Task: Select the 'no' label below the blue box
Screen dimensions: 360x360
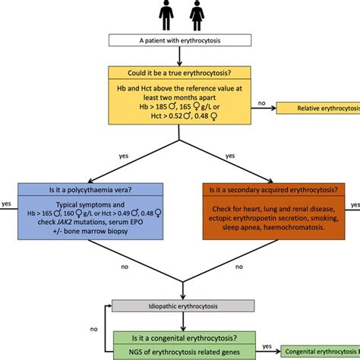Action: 124,267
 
